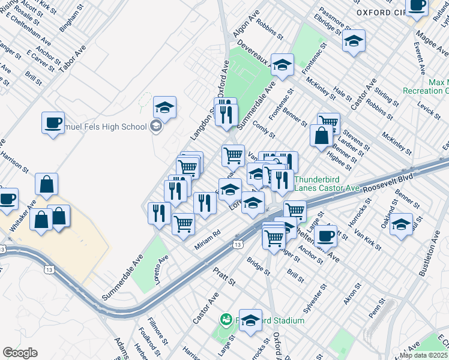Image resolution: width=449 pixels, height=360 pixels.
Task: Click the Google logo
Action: pyautogui.click(x=20, y=353)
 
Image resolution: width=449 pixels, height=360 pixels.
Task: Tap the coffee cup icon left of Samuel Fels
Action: pyautogui.click(x=53, y=122)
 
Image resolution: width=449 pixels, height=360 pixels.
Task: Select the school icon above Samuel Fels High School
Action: pyautogui.click(x=164, y=107)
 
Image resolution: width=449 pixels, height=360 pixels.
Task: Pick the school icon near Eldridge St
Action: pyautogui.click(x=354, y=41)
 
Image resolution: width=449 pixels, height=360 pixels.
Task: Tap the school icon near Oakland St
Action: pyautogui.click(x=402, y=224)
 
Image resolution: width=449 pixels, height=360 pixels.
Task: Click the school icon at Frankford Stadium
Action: pyautogui.click(x=250, y=320)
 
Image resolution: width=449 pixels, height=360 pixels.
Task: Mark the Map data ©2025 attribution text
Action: pyautogui.click(x=424, y=355)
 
